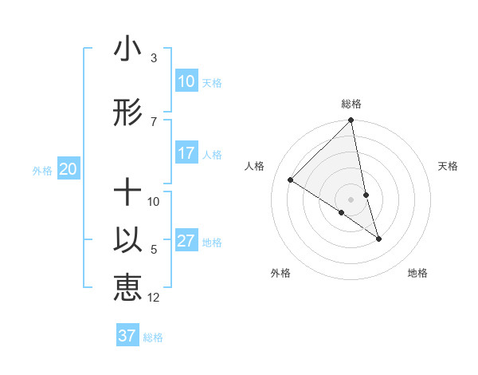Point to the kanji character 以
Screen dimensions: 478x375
127,241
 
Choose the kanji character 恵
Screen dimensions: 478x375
127,287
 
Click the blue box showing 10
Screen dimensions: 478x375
186,81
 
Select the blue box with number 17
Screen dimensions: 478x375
186,153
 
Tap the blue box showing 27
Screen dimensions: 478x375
186,241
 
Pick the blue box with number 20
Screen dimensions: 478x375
68,169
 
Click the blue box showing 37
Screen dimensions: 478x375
127,336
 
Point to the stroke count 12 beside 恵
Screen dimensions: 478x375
154,298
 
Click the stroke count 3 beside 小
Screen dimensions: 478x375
154,58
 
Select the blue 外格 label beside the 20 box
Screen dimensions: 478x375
42,170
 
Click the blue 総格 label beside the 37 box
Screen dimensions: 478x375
153,337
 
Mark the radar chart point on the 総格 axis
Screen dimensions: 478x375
351,120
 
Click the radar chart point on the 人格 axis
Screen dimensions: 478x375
291,180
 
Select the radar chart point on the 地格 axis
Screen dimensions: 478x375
378,239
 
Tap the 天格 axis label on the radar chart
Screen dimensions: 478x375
448,166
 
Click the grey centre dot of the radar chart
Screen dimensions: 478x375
351,199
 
